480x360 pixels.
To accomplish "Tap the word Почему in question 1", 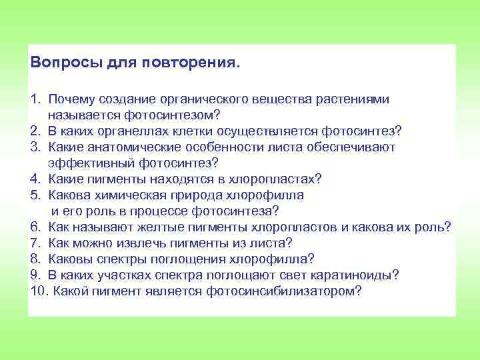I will [73, 99].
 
